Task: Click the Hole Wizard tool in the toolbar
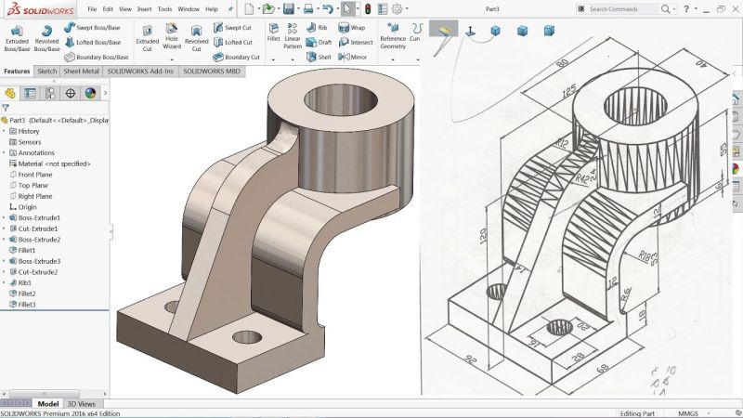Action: click(x=172, y=37)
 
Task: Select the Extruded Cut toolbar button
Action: click(x=148, y=37)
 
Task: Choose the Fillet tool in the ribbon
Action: click(x=273, y=35)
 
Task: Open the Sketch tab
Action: click(x=46, y=71)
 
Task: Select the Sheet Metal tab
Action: click(x=82, y=71)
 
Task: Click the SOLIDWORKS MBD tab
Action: click(x=208, y=71)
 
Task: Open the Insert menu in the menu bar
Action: click(x=145, y=8)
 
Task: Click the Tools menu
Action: click(x=164, y=8)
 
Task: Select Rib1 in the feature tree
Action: click(x=25, y=282)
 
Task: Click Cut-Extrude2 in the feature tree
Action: click(x=38, y=271)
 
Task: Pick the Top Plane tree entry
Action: click(x=34, y=185)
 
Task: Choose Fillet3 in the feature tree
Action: click(x=27, y=304)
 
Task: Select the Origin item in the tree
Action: click(x=28, y=206)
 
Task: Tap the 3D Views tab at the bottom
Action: click(x=81, y=404)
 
